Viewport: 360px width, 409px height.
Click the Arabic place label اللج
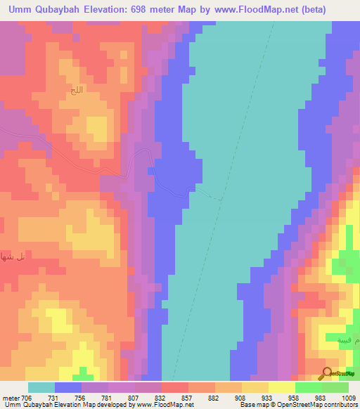tap(75, 91)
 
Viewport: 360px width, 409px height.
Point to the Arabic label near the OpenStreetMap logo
tap(344, 339)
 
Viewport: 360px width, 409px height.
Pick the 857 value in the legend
tap(167, 397)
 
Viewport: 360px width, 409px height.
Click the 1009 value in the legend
tap(349, 397)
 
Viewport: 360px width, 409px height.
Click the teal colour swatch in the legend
tap(41, 387)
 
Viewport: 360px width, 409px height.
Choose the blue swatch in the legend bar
tap(68, 387)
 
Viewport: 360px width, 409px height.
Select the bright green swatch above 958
tap(309, 387)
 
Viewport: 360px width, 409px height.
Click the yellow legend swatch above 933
tap(255, 387)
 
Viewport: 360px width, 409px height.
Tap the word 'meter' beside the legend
tap(11, 397)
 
